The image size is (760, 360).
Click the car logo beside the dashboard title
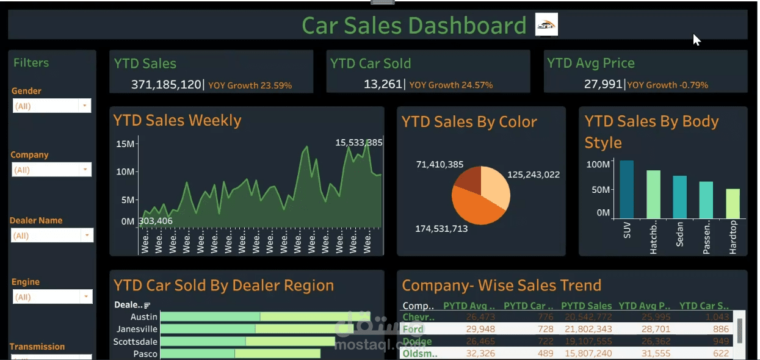coord(546,24)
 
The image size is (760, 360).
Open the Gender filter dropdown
coord(84,106)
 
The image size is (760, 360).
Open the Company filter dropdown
coord(84,170)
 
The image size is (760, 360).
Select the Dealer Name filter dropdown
coord(87,236)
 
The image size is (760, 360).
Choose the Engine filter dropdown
coord(85,297)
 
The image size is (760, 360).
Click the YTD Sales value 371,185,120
coord(166,85)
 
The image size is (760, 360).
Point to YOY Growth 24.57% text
coord(451,85)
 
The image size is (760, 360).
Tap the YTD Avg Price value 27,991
coord(603,85)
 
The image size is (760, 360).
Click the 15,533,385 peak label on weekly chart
coord(359,143)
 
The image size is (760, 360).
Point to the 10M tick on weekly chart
coord(125,171)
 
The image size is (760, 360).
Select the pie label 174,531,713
coord(441,229)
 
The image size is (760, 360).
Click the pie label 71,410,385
coord(440,165)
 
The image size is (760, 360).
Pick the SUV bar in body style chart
coord(626,189)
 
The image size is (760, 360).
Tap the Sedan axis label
coord(680,234)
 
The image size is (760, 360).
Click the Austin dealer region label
coord(144,317)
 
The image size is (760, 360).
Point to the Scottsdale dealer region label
coord(136,342)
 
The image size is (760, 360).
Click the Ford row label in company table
coord(413,329)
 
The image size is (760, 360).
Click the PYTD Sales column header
coord(586,306)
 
